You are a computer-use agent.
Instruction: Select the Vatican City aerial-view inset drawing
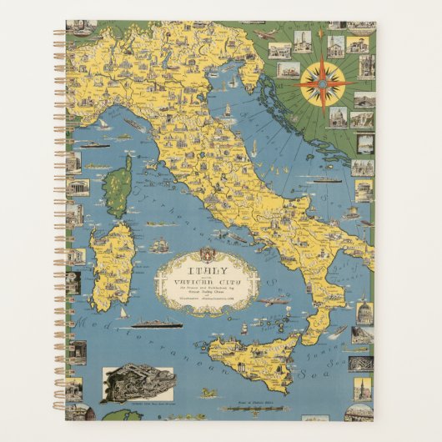138,384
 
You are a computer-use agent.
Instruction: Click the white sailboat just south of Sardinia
123,315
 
